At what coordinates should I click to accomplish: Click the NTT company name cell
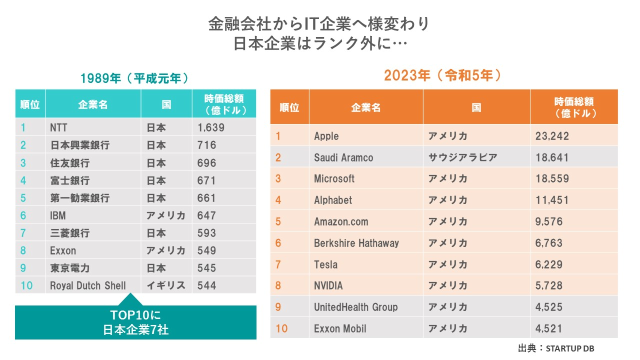(58, 127)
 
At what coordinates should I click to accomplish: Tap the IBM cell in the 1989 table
(58, 215)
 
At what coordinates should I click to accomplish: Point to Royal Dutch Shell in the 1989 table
(88, 285)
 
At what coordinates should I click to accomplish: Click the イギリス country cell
(166, 285)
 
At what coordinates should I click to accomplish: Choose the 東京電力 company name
(70, 268)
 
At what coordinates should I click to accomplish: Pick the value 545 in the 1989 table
(207, 268)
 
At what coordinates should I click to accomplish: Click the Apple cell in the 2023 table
(326, 136)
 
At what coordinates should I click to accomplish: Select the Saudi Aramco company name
(343, 157)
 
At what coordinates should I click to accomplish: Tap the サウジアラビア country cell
(462, 157)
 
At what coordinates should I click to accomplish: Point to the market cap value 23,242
(552, 136)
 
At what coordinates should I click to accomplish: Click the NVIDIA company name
(328, 285)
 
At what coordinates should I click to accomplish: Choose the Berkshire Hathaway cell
(356, 243)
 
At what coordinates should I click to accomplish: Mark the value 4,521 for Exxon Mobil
(548, 328)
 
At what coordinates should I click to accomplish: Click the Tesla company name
(325, 264)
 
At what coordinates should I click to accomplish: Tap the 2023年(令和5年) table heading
(442, 75)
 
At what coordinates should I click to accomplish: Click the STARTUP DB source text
(570, 348)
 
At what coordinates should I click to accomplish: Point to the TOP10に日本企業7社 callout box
(135, 323)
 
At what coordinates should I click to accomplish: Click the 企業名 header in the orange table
(365, 107)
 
